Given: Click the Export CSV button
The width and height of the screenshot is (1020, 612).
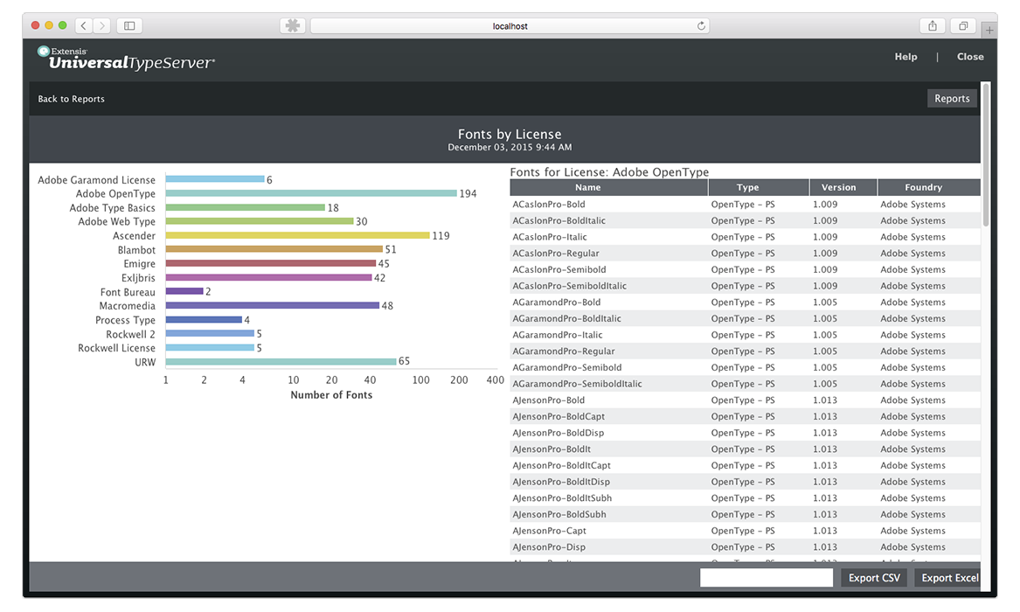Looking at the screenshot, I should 874,578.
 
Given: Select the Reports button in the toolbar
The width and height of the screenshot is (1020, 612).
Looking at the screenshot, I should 952,99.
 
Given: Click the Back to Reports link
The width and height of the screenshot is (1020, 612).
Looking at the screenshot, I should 71,99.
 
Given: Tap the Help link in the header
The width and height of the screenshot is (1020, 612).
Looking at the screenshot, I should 906,57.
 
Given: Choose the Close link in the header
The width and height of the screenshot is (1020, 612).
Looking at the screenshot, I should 970,57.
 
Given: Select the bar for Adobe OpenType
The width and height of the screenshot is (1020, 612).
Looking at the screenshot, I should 311,193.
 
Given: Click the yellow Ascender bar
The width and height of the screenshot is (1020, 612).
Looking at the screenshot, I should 297,235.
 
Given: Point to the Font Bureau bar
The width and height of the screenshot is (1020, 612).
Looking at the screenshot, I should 184,291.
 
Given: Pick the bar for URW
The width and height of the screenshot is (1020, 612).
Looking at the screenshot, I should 281,361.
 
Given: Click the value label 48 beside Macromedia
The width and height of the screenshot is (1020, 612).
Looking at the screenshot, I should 387,306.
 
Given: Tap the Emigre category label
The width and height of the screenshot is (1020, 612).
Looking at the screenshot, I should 139,264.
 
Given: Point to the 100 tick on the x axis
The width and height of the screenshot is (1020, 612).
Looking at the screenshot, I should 421,380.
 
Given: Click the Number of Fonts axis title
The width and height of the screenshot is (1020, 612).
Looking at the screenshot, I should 331,395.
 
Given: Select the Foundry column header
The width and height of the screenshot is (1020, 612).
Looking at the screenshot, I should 923,187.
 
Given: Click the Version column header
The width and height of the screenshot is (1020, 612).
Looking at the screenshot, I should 838,187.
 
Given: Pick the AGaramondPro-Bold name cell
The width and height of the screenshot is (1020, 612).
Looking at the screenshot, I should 556,303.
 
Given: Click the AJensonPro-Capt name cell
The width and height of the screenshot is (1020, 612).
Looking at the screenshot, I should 549,531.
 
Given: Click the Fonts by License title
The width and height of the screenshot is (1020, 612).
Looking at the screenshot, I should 510,135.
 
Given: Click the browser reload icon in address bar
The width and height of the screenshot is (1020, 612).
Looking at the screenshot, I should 701,26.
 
